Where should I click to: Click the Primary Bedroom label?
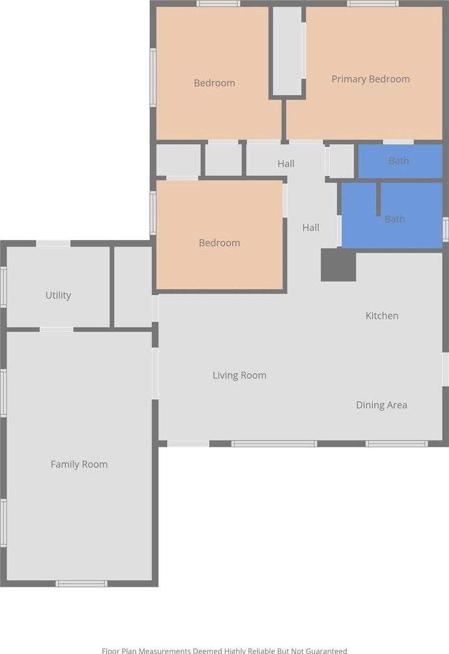(x=371, y=79)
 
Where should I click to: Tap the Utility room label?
(x=58, y=295)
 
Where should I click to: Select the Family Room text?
(x=79, y=464)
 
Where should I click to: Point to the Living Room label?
(x=240, y=375)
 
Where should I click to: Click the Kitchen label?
(x=382, y=315)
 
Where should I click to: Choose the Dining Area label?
(x=381, y=405)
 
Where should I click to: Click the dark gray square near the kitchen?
(x=338, y=265)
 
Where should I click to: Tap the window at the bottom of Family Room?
(x=81, y=584)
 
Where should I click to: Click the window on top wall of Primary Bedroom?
(x=373, y=4)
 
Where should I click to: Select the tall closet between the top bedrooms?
(x=287, y=51)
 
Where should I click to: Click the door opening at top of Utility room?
(x=53, y=243)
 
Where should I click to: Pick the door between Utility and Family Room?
(x=57, y=329)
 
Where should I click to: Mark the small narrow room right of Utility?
(x=133, y=287)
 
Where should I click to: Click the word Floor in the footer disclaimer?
(x=111, y=651)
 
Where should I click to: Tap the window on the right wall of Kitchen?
(x=445, y=369)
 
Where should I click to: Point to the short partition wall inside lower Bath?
(x=378, y=199)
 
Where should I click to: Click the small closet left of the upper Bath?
(x=342, y=161)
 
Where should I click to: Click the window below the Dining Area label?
(x=396, y=444)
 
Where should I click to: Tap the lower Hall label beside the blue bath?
(x=311, y=228)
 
